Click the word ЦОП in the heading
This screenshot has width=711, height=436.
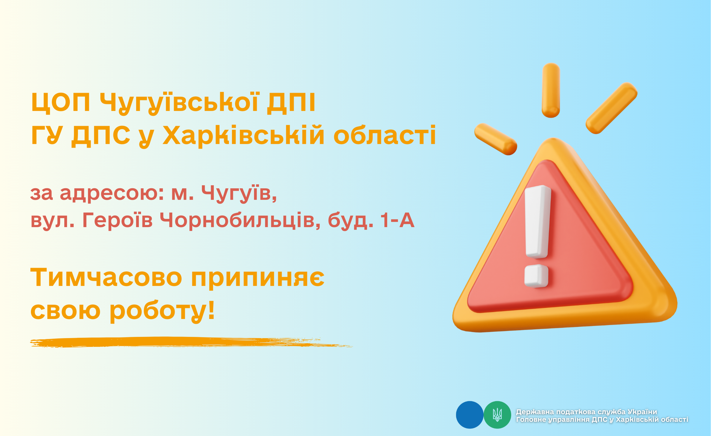pos(61,103)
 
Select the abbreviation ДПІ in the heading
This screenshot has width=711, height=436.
pos(291,103)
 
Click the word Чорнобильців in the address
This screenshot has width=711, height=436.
pos(240,221)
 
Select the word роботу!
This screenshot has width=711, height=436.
pos(162,311)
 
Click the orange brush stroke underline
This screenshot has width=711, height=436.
pos(191,342)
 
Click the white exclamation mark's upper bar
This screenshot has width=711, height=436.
pos(537,222)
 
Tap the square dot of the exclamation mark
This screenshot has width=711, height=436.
pos(536,276)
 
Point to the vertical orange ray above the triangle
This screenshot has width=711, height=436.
pos(551,90)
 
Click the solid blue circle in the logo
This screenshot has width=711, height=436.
pos(470,415)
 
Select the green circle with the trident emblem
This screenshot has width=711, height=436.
pos(497,415)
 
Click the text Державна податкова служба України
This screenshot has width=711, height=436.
pos(587,412)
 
